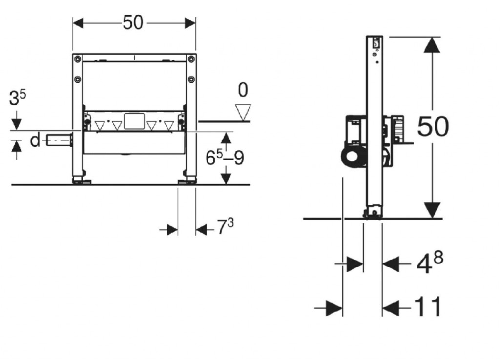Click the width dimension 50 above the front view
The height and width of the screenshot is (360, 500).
click(133, 23)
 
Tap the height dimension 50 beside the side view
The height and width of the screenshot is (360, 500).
click(433, 126)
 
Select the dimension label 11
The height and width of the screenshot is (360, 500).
click(428, 306)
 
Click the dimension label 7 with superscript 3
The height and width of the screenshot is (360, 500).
click(226, 226)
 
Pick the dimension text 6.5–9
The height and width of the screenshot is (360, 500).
click(225, 158)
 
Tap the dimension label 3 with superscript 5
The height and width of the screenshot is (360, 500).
click(18, 98)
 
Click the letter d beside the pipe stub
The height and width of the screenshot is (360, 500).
click(35, 140)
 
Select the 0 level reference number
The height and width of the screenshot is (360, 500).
click(243, 90)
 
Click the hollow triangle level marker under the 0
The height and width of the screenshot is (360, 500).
click(243, 113)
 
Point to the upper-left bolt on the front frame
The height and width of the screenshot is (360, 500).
click(77, 59)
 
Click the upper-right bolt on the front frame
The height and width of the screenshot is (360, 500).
click(191, 59)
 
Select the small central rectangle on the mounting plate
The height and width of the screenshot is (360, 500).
click(134, 121)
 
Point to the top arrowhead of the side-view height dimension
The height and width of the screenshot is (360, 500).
click(432, 45)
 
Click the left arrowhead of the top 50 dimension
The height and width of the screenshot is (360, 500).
click(78, 23)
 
